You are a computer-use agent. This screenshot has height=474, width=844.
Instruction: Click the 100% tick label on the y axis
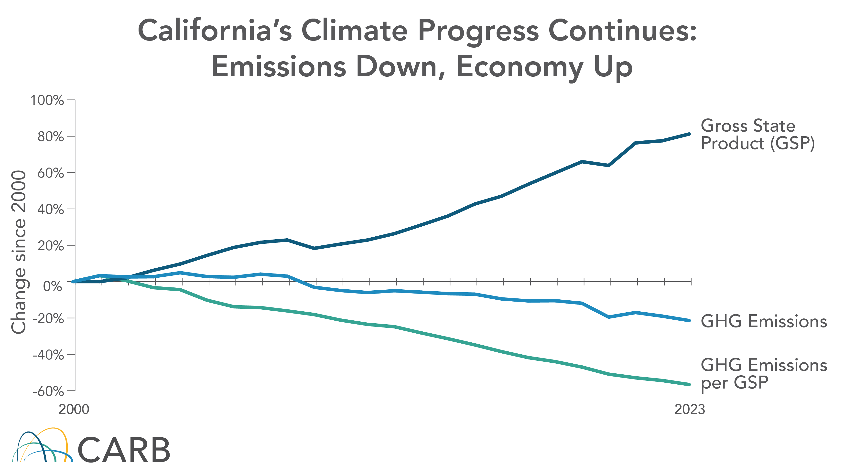(x=47, y=100)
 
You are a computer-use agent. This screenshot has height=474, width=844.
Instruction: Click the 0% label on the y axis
(x=53, y=286)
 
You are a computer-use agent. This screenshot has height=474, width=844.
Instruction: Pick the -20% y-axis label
(x=48, y=318)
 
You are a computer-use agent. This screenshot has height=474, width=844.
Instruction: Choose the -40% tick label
(x=48, y=355)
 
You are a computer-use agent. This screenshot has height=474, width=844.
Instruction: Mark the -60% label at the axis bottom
(x=48, y=391)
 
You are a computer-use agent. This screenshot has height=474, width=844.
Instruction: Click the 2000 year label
(x=74, y=410)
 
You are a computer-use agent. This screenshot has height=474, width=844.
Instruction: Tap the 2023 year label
(x=689, y=410)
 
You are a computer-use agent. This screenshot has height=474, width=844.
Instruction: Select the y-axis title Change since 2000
(x=19, y=252)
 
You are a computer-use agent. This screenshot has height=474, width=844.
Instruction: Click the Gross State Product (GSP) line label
(x=757, y=135)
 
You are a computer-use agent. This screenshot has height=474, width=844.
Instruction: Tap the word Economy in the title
(x=519, y=67)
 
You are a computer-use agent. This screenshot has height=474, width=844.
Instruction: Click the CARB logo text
(x=124, y=450)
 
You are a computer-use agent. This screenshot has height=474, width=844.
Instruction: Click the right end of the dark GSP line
(x=689, y=134)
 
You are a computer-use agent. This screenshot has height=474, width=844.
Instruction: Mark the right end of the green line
(x=689, y=384)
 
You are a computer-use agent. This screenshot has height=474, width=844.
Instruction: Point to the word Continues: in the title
(x=623, y=31)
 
